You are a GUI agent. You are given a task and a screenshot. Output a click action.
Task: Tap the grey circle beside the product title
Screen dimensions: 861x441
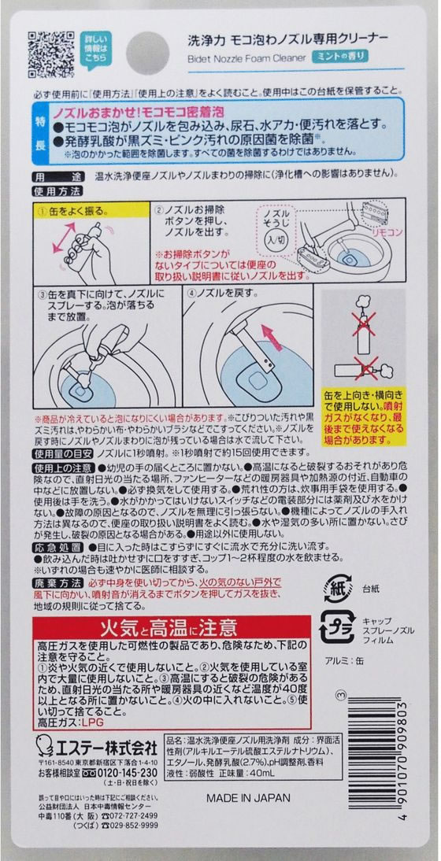(147, 53)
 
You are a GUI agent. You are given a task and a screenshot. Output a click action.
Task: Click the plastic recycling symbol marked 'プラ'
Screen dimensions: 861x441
(338, 629)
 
